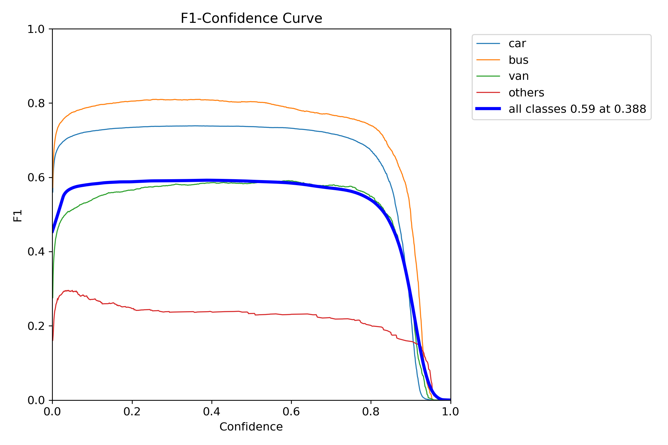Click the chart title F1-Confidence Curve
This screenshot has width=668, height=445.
click(251, 18)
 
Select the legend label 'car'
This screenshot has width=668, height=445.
click(517, 44)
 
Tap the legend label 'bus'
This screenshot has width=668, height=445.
click(518, 60)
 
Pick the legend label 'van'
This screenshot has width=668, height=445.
click(518, 76)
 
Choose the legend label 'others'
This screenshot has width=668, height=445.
click(526, 93)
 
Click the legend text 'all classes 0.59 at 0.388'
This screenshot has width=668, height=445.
click(577, 109)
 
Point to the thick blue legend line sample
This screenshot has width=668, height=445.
click(488, 109)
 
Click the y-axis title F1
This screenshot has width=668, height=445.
click(18, 216)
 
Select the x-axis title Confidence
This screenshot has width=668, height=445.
click(251, 427)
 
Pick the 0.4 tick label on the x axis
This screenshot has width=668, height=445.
click(212, 411)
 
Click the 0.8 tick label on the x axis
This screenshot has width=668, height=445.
click(371, 411)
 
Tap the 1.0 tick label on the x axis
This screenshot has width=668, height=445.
click(450, 411)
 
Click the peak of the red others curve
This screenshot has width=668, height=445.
click(68, 290)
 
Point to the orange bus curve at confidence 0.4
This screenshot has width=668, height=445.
click(212, 100)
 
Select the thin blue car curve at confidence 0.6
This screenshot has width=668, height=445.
click(291, 128)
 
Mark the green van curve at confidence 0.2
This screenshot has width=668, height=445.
click(132, 190)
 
